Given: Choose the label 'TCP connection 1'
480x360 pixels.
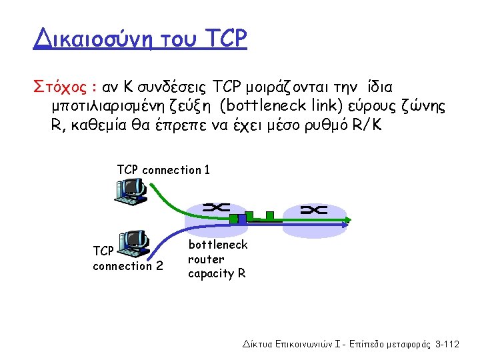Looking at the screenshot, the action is click(163, 170).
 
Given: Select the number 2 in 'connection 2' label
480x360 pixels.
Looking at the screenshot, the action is click(159, 266).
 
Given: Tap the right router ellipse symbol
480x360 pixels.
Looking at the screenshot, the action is click(313, 210).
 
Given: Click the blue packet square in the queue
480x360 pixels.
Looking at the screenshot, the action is click(243, 217).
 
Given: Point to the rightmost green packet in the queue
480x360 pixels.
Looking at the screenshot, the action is click(269, 215).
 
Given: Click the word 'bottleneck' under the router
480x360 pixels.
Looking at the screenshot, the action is click(217, 245).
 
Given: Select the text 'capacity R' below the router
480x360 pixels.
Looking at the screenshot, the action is click(217, 273).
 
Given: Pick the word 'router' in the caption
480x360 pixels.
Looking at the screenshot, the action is click(206, 259).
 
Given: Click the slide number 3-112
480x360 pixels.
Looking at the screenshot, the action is click(447, 344).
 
